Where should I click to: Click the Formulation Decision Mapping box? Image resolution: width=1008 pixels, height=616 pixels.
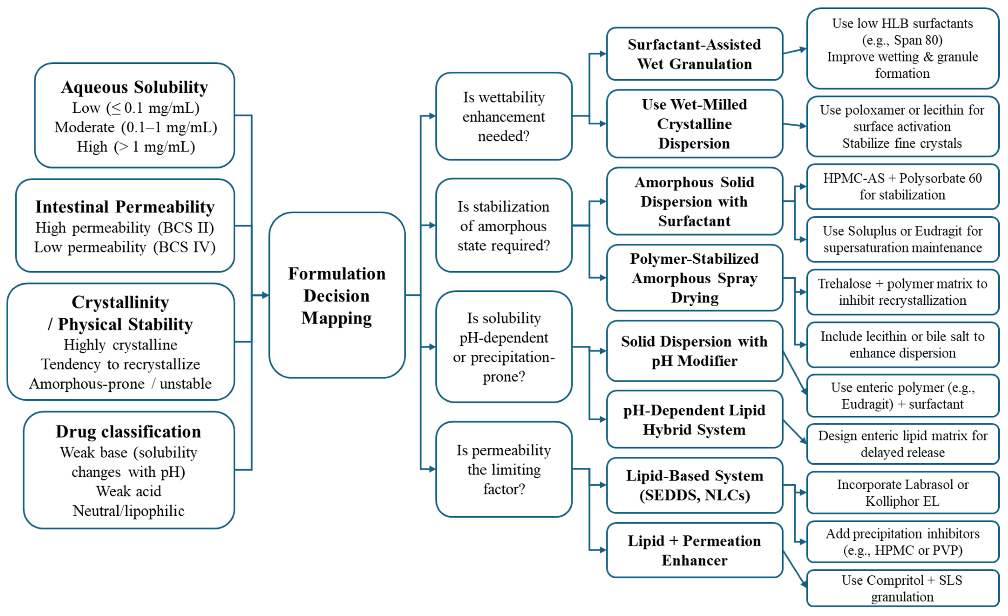tap(337, 295)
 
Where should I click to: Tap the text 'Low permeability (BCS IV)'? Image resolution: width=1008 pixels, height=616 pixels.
tap(125, 247)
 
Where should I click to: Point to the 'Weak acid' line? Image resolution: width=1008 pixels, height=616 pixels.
tap(128, 491)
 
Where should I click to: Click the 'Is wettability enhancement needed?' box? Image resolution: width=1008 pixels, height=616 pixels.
tap(504, 116)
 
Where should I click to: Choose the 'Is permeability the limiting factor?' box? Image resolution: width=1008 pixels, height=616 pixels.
tap(504, 469)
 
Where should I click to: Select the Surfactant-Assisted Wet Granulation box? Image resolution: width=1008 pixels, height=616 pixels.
tap(694, 54)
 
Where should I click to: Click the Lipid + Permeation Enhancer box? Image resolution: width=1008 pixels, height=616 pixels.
tap(694, 550)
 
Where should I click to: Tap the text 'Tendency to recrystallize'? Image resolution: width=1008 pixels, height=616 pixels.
tap(121, 364)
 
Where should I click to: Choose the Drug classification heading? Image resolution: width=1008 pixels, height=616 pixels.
tap(128, 432)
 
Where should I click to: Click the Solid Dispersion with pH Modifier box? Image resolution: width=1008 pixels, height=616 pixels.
tap(694, 351)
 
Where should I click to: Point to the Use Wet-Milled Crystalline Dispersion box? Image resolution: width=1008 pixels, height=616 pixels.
tap(694, 124)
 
